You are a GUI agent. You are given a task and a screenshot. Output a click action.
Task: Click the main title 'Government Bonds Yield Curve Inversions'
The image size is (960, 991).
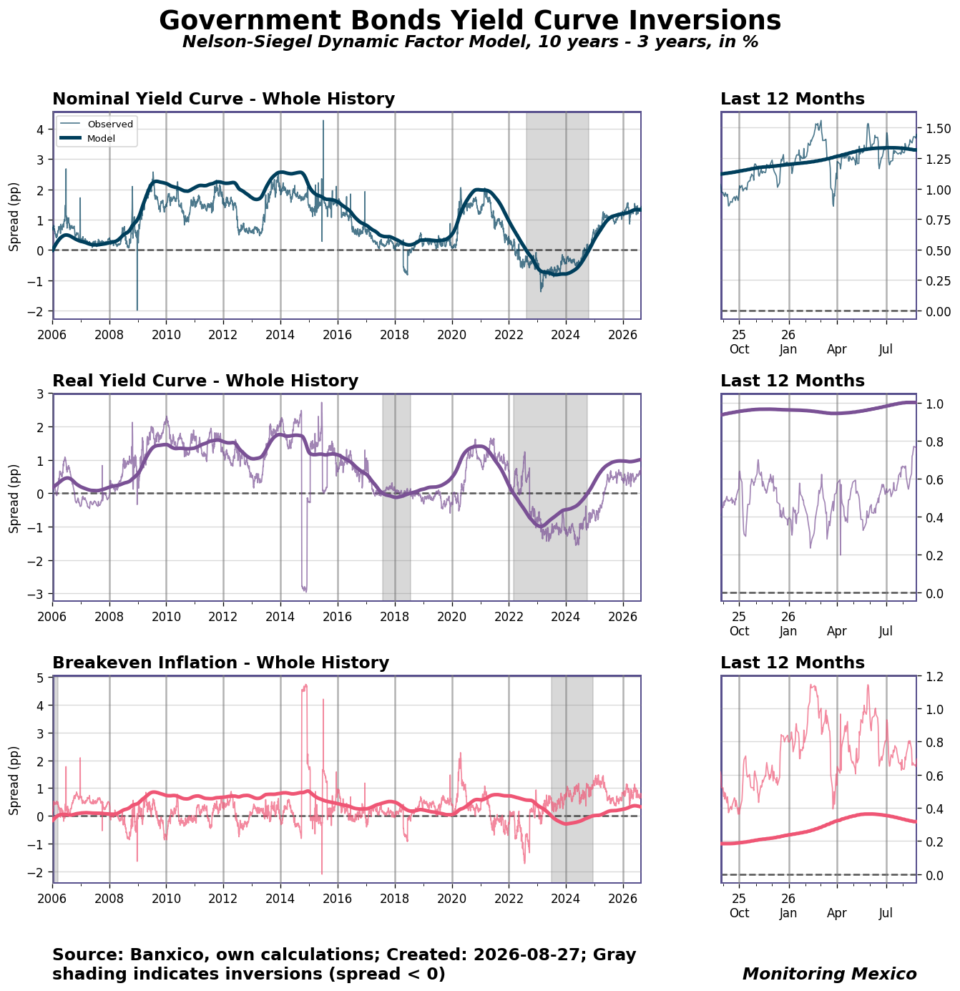[x=469, y=21]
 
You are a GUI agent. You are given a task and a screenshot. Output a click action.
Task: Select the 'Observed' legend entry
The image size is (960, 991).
[x=110, y=124]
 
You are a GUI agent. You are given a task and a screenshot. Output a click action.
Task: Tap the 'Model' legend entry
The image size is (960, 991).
[x=101, y=138]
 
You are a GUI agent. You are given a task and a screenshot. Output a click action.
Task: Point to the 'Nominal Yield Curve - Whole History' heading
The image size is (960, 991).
[x=223, y=98]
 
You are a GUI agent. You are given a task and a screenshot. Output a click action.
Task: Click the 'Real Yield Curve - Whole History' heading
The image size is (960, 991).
[x=205, y=381]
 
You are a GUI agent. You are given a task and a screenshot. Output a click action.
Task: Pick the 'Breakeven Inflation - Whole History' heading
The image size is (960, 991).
[x=220, y=662]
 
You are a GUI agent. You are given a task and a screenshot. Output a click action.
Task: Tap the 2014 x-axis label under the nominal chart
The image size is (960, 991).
[x=280, y=335]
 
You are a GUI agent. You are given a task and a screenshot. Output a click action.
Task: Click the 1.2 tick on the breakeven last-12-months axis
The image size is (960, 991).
[x=934, y=677]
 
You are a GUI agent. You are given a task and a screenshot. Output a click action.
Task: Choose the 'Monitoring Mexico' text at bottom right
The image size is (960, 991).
[x=829, y=973]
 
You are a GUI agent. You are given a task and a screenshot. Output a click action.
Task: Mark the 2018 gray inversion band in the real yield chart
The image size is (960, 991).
[x=396, y=497]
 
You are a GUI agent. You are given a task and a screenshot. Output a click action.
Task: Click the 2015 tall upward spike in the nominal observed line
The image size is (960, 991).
[x=323, y=153]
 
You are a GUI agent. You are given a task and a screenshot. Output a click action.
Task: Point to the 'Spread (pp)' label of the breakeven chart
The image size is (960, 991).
[x=14, y=780]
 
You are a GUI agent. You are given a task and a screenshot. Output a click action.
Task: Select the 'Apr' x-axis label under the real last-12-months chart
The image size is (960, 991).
[x=836, y=631]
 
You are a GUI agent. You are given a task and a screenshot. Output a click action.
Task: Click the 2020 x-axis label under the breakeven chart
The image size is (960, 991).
[x=451, y=898]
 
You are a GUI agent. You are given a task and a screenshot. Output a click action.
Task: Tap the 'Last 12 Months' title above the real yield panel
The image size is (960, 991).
[x=792, y=381]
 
